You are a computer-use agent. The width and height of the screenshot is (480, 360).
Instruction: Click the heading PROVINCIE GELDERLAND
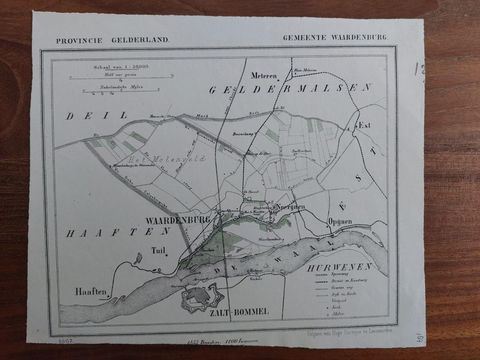pos(112,40)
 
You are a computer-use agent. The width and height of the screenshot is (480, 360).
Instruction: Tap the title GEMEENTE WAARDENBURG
pos(335,37)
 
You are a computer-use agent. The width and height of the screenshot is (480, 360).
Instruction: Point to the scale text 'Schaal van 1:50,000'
pos(121,67)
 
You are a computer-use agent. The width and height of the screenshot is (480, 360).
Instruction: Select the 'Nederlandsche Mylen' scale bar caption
pos(121,87)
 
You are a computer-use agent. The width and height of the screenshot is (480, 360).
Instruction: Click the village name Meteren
pos(264,75)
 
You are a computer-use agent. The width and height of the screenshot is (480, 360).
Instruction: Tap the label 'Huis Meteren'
pos(305,70)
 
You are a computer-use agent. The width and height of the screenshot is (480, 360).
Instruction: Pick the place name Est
pos(364,125)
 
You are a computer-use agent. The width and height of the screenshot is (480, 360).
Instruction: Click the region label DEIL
pos(97,115)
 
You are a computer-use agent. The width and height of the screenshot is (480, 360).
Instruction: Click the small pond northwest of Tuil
pos(138,258)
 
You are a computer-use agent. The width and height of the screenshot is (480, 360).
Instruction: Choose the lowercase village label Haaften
pos(90,291)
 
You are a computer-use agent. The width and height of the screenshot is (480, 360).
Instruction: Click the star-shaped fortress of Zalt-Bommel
pos(200,298)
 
